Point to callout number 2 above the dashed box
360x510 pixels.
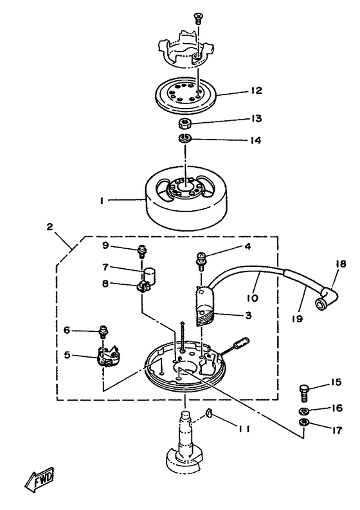pos(49,226)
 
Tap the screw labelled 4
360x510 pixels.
pos(201,260)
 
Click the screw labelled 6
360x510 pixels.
pos(102,333)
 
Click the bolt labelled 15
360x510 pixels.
pos(305,388)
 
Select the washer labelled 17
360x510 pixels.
pos(304,423)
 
